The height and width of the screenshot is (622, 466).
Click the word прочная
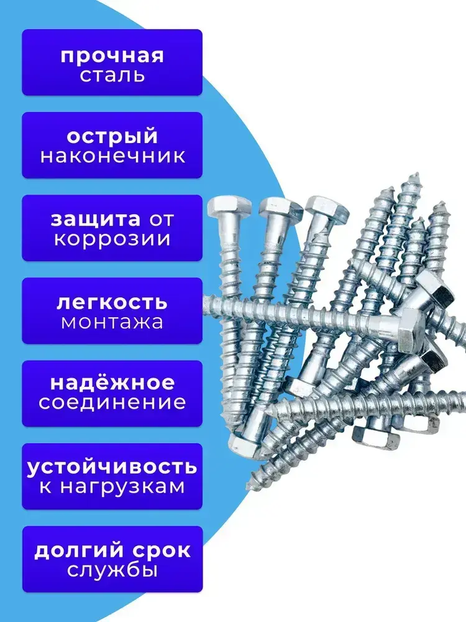click(112, 55)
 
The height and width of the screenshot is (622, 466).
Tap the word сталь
click(112, 76)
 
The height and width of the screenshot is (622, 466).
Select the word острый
click(112, 137)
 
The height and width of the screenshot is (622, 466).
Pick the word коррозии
click(112, 240)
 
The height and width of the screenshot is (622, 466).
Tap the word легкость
click(112, 302)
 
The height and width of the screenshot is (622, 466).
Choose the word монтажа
click(112, 323)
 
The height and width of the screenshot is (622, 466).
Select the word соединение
click(112, 402)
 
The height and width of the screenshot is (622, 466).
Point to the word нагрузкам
click(122, 486)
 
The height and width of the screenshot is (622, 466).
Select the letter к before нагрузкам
click(46, 486)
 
